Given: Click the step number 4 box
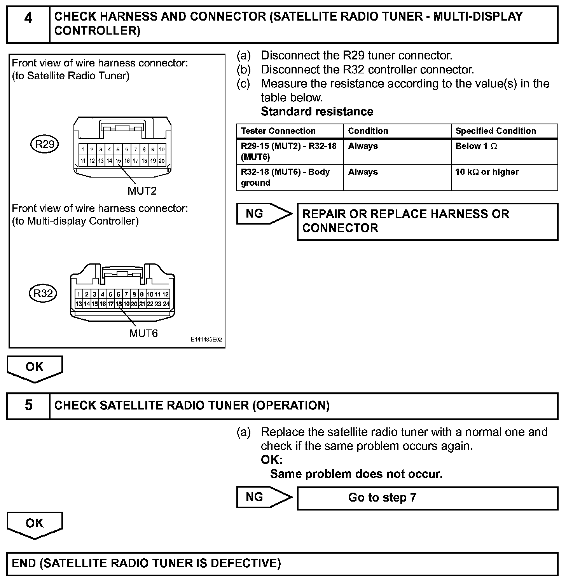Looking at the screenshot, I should click(x=28, y=24).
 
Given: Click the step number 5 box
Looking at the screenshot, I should click(x=28, y=406).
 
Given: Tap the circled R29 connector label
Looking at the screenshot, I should click(x=45, y=145).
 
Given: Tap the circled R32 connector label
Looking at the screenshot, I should click(x=43, y=293).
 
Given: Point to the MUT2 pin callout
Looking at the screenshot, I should click(x=142, y=191).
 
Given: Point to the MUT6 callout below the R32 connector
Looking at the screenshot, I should click(x=143, y=333).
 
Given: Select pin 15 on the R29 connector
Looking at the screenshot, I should click(x=118, y=160).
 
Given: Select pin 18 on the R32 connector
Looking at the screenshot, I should click(x=119, y=304).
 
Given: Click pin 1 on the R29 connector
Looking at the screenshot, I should click(x=83, y=149).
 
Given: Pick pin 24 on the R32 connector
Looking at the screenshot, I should click(x=166, y=304).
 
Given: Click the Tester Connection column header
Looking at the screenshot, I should click(x=278, y=131).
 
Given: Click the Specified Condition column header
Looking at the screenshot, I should click(x=496, y=131).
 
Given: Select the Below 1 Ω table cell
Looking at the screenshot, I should click(x=476, y=146).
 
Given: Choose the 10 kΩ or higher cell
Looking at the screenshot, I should click(x=487, y=172).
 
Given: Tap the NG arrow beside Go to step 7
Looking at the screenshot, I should click(x=264, y=497).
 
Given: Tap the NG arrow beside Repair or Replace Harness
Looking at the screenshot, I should click(x=264, y=214).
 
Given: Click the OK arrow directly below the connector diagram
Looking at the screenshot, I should click(x=35, y=368).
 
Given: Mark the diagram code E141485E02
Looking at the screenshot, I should click(x=206, y=340).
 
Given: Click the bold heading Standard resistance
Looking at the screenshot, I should click(x=317, y=112).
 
